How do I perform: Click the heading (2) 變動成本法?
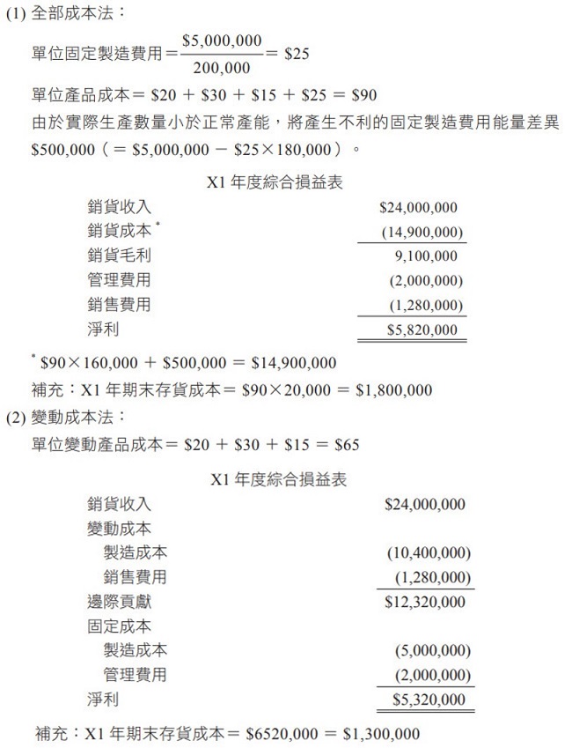(66, 416)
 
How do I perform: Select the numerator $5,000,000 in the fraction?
(222, 40)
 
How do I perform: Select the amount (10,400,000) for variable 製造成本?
(429, 553)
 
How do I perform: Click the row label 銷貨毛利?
(119, 256)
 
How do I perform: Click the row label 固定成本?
(119, 626)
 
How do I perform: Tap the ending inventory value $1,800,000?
(393, 389)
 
